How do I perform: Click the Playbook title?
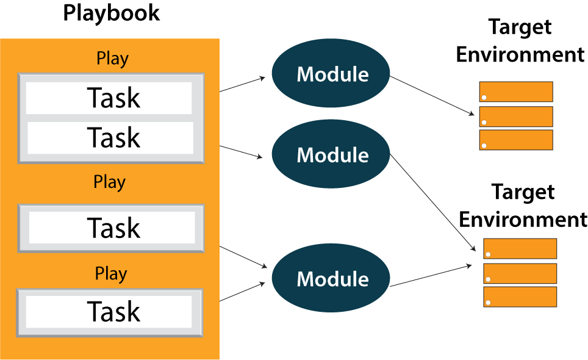[112, 13]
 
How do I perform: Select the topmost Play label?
[113, 59]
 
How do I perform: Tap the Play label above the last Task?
[110, 274]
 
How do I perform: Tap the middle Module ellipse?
[332, 155]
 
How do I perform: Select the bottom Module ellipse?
[332, 279]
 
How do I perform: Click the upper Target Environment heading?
[520, 41]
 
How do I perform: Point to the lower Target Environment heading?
[523, 206]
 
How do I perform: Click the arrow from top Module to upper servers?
[432, 95]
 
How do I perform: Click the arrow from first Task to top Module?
[243, 84]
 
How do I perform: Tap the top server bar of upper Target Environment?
[515, 92]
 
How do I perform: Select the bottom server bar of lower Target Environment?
[520, 297]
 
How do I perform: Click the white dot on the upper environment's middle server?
[484, 121]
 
